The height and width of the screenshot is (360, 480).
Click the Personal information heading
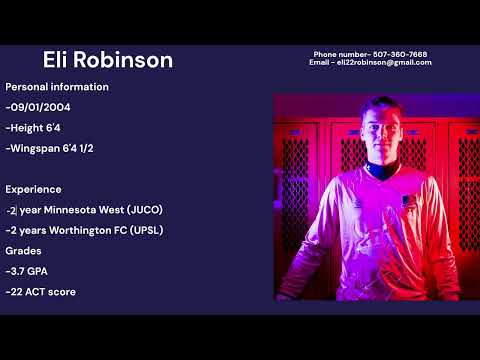point(57,87)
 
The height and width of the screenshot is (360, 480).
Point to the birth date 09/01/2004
point(41,107)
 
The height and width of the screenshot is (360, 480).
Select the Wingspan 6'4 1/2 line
point(51,148)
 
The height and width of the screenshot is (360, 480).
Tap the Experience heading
point(33,189)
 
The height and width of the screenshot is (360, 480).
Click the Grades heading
point(24,251)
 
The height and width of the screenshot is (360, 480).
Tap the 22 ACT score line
point(42,292)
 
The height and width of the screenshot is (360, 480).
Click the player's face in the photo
point(383,134)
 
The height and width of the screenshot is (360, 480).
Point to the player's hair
point(384,104)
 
